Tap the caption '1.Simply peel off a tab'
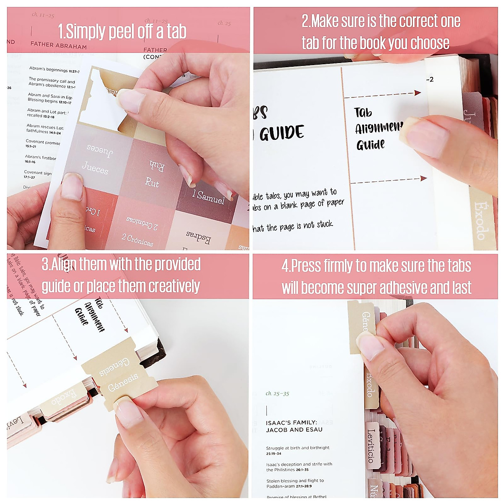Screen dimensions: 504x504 (x=122, y=31)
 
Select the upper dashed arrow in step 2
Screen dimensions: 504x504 (x=382, y=95)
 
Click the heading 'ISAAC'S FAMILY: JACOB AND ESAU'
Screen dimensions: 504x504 (x=294, y=426)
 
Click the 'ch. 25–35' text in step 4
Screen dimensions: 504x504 (x=277, y=394)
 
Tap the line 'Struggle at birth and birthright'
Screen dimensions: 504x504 (x=297, y=448)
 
